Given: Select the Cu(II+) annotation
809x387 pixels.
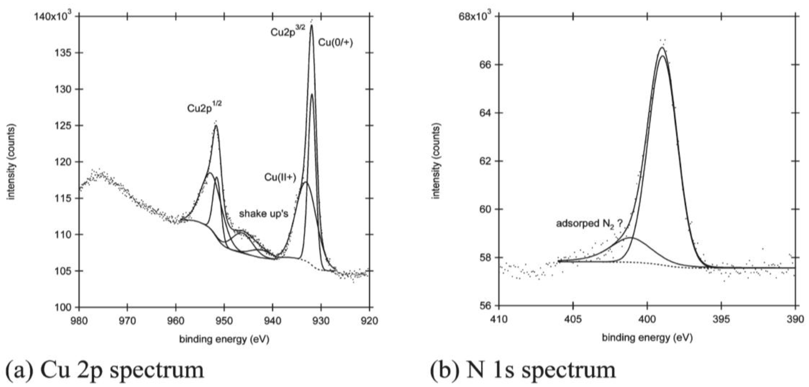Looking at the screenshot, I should tap(280, 177).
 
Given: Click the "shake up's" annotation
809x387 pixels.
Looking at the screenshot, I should tap(264, 214).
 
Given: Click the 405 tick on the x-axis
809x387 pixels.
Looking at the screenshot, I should tap(573, 319).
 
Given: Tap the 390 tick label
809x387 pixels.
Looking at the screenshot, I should tap(795, 319).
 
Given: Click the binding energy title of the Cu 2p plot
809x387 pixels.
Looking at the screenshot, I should tap(224, 339).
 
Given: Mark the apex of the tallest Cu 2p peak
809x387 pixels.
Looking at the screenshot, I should tap(311, 25).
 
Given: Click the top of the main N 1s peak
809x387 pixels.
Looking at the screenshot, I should tap(662, 48).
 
